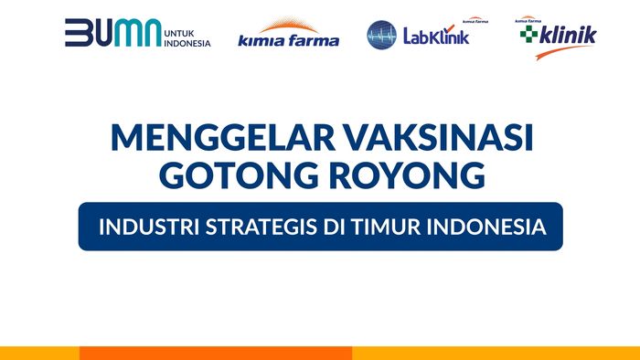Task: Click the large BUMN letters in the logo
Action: pos(112,33)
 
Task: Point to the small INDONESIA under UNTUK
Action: pos(188,42)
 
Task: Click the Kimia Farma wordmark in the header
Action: pos(288,40)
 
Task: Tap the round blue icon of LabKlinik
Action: pos(381,35)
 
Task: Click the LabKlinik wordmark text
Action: pos(433,37)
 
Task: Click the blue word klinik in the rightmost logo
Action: pos(568,35)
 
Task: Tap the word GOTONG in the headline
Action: pos(240,175)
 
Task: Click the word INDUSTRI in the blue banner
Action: pos(145,226)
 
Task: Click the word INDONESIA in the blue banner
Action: pos(487,226)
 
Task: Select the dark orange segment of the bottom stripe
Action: pos(215,353)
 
